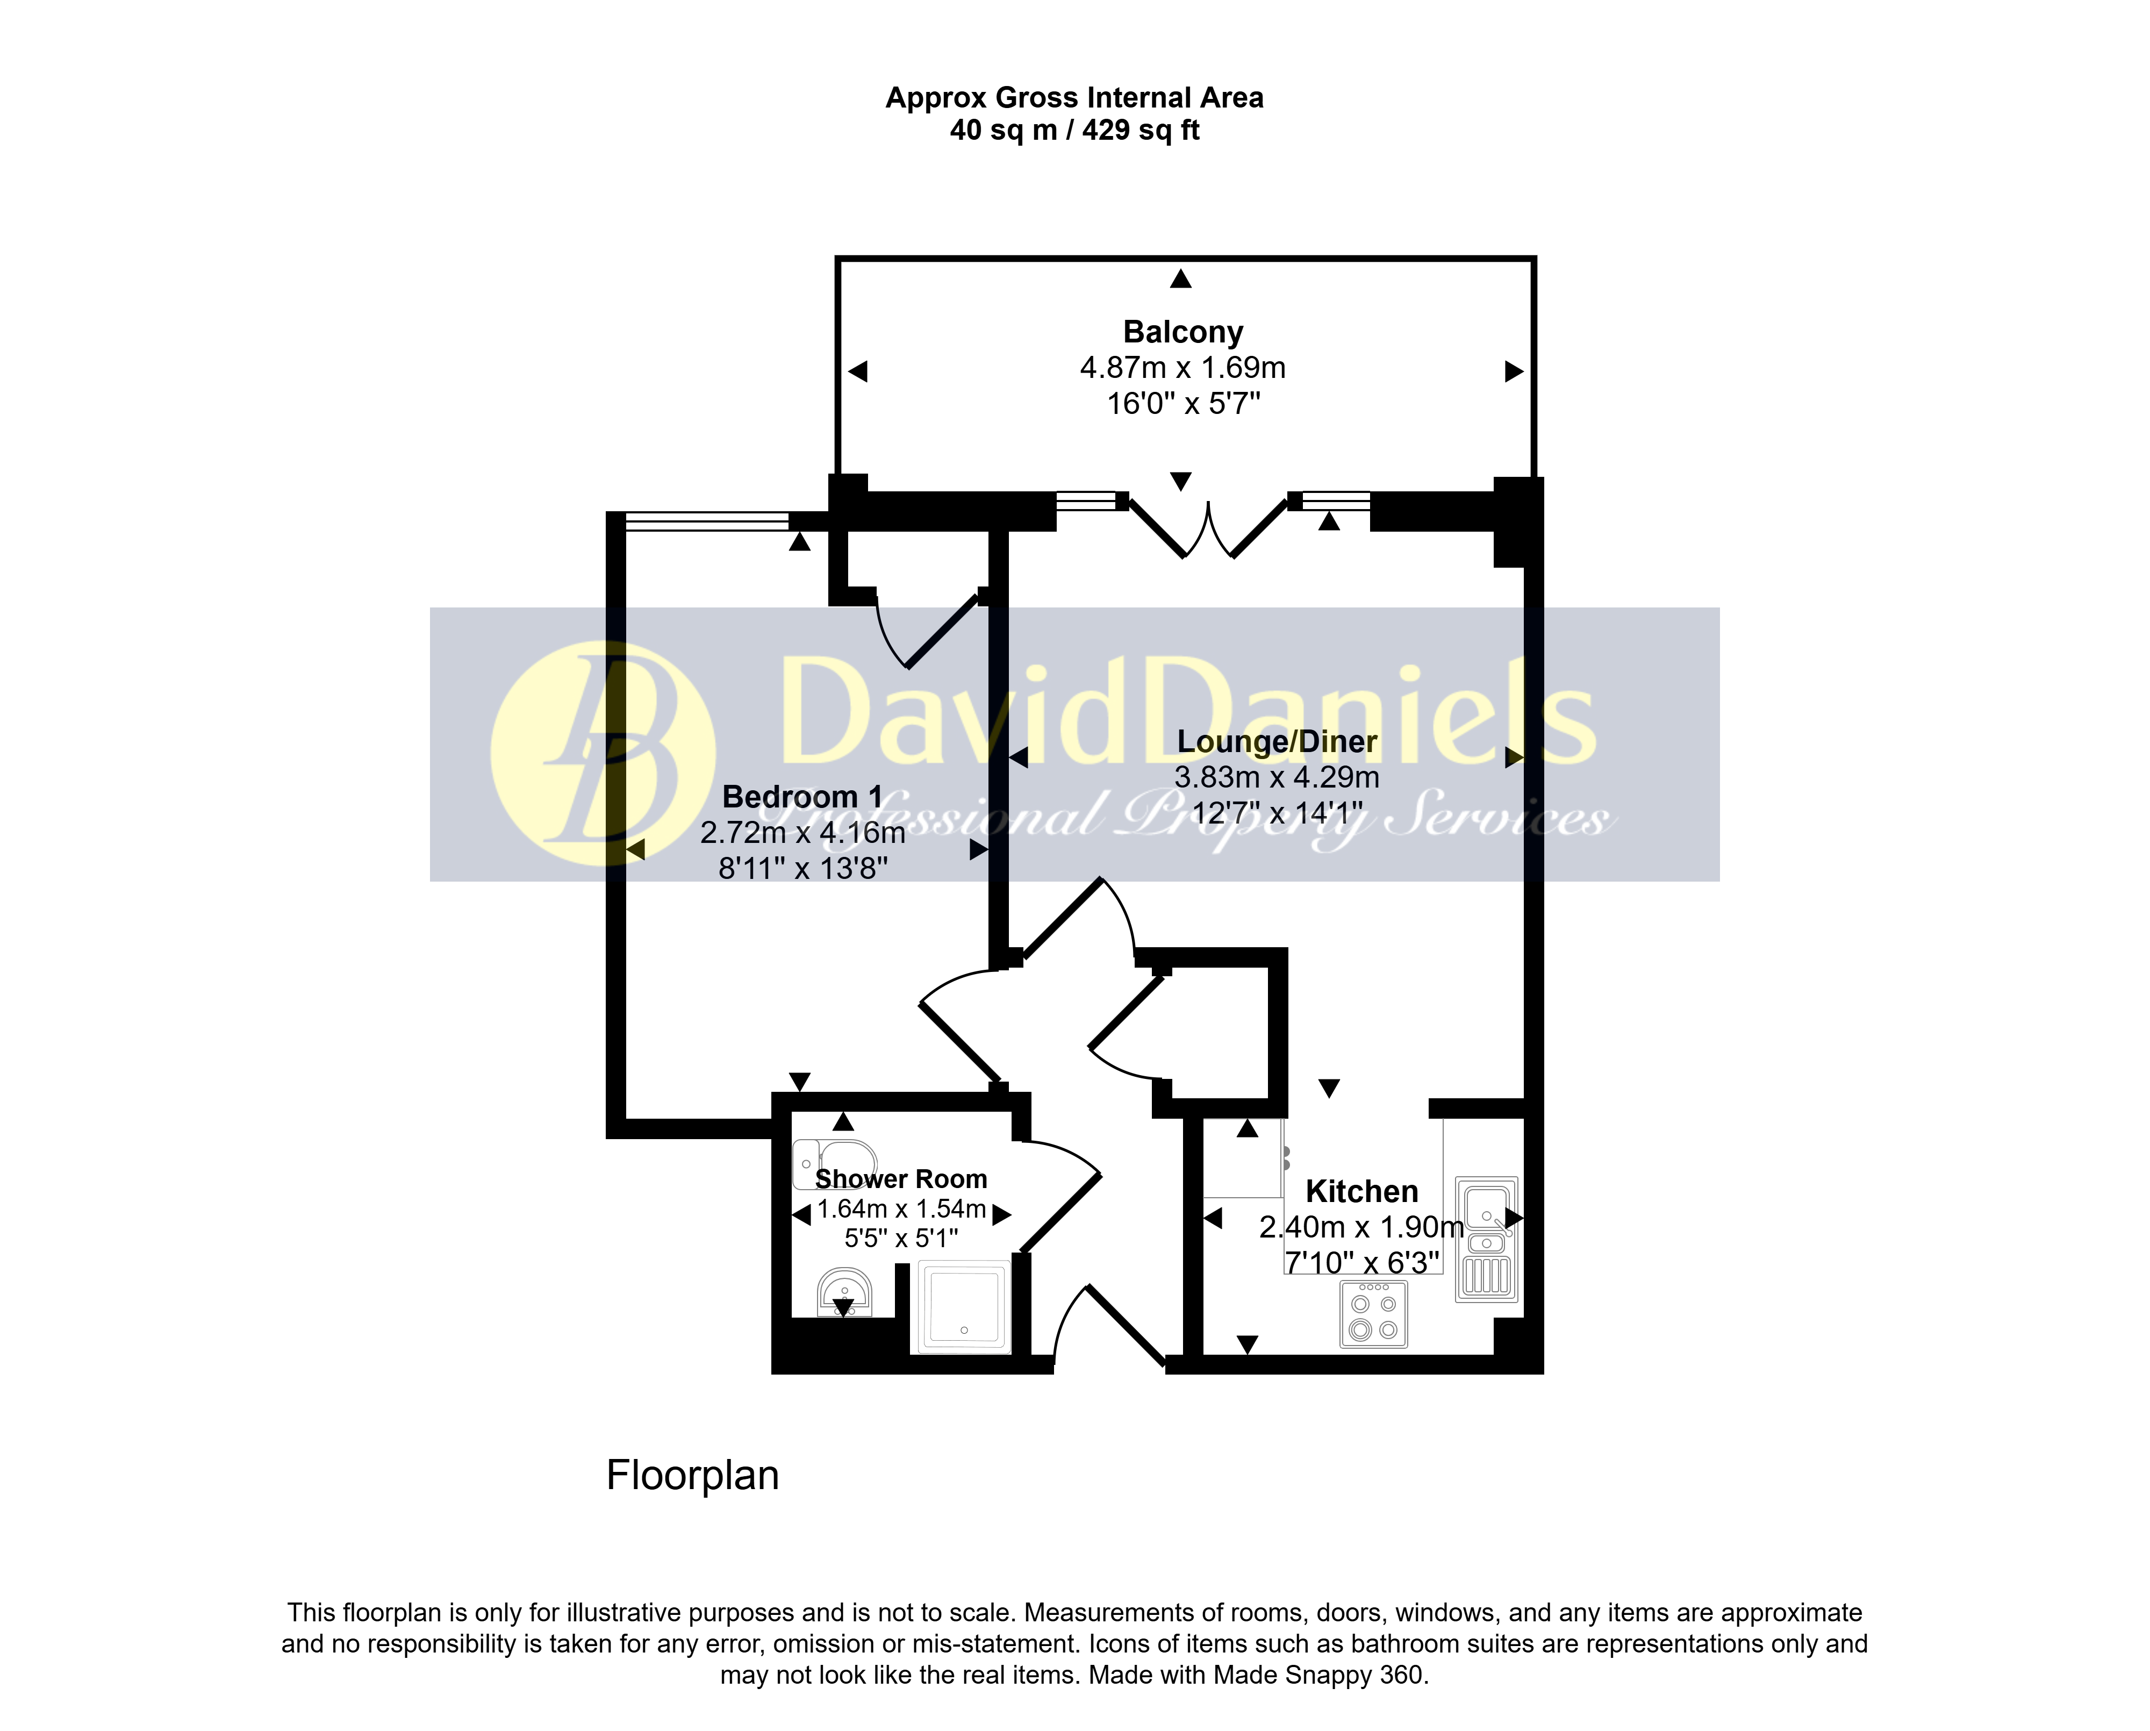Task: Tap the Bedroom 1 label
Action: coord(802,797)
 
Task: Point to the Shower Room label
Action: coord(901,1178)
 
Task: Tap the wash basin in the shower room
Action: coord(844,1292)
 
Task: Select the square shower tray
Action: coord(963,1307)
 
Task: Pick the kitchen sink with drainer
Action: coord(1487,1240)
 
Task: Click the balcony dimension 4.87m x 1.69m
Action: coord(1182,368)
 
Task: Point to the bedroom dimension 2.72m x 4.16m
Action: coord(803,833)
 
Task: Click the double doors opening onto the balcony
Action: coord(1208,526)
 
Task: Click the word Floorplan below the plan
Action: coord(692,1476)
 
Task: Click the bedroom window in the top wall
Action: coord(707,520)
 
